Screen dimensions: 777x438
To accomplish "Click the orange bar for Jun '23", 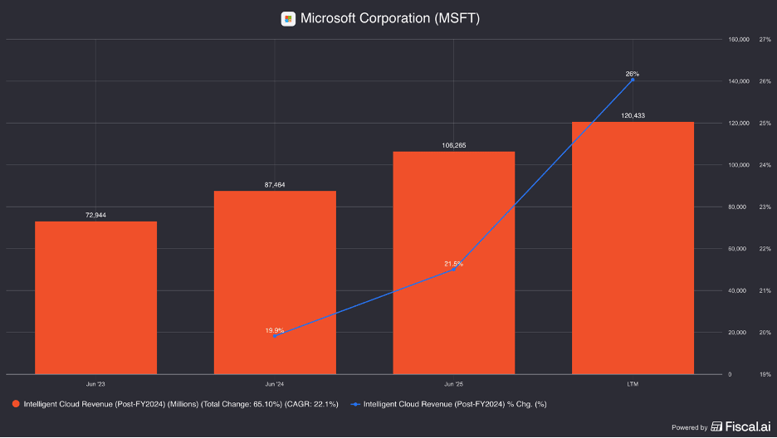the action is [95, 298].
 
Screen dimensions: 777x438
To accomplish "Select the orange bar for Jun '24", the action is [275, 283].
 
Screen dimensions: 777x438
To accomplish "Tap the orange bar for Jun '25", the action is [454, 263].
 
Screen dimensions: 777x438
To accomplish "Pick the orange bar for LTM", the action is [633, 248].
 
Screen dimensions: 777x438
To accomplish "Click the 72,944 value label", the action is [95, 216].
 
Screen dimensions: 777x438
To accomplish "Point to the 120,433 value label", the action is [633, 116].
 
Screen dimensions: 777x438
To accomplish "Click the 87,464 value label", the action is [275, 185].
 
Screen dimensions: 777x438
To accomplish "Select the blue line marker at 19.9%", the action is [275, 336].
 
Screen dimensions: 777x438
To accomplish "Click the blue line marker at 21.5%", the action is [454, 270].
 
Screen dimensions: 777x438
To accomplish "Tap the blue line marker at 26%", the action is [633, 80].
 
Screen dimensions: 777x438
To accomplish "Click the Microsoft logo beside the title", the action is [288, 19].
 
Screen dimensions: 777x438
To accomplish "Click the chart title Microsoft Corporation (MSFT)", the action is [390, 18].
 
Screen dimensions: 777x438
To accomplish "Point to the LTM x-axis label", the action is [633, 384].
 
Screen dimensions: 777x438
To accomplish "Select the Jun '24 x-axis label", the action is [275, 384].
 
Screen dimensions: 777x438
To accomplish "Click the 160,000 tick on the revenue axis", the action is [739, 40].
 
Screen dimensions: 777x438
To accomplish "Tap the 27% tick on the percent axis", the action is [765, 40].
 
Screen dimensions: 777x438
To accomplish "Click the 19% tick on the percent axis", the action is [765, 375].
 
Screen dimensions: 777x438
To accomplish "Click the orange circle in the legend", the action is [16, 404].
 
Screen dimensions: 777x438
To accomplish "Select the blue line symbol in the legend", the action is [354, 404].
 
